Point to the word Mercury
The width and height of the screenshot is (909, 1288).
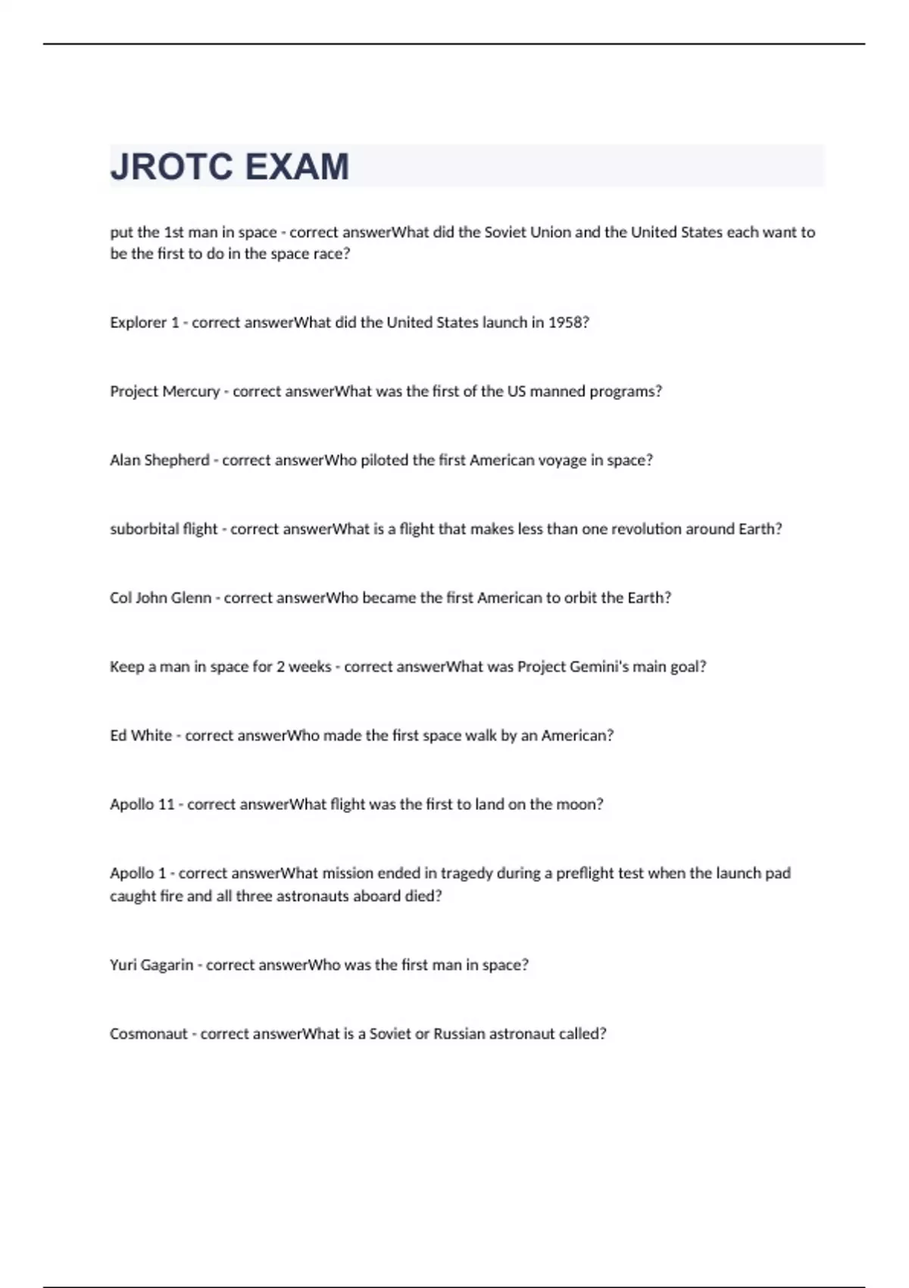[192, 391]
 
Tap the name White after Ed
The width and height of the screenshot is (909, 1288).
[151, 735]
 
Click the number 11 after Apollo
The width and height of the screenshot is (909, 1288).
[166, 804]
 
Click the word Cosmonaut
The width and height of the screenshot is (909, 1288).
[148, 1033]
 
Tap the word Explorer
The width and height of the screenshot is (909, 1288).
[138, 322]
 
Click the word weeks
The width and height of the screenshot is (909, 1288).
[310, 667]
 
